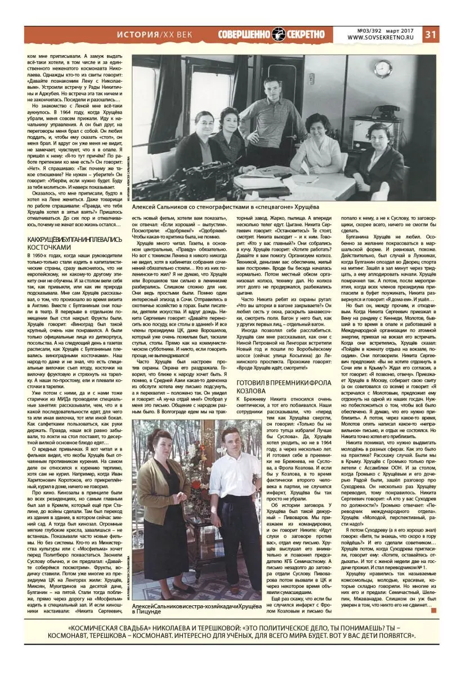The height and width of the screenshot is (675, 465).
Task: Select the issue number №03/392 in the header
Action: pyautogui.click(x=370, y=30)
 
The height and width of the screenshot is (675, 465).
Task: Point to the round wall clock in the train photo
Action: pyautogui.click(x=382, y=69)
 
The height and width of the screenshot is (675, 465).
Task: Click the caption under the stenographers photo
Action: pyautogui.click(x=240, y=208)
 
